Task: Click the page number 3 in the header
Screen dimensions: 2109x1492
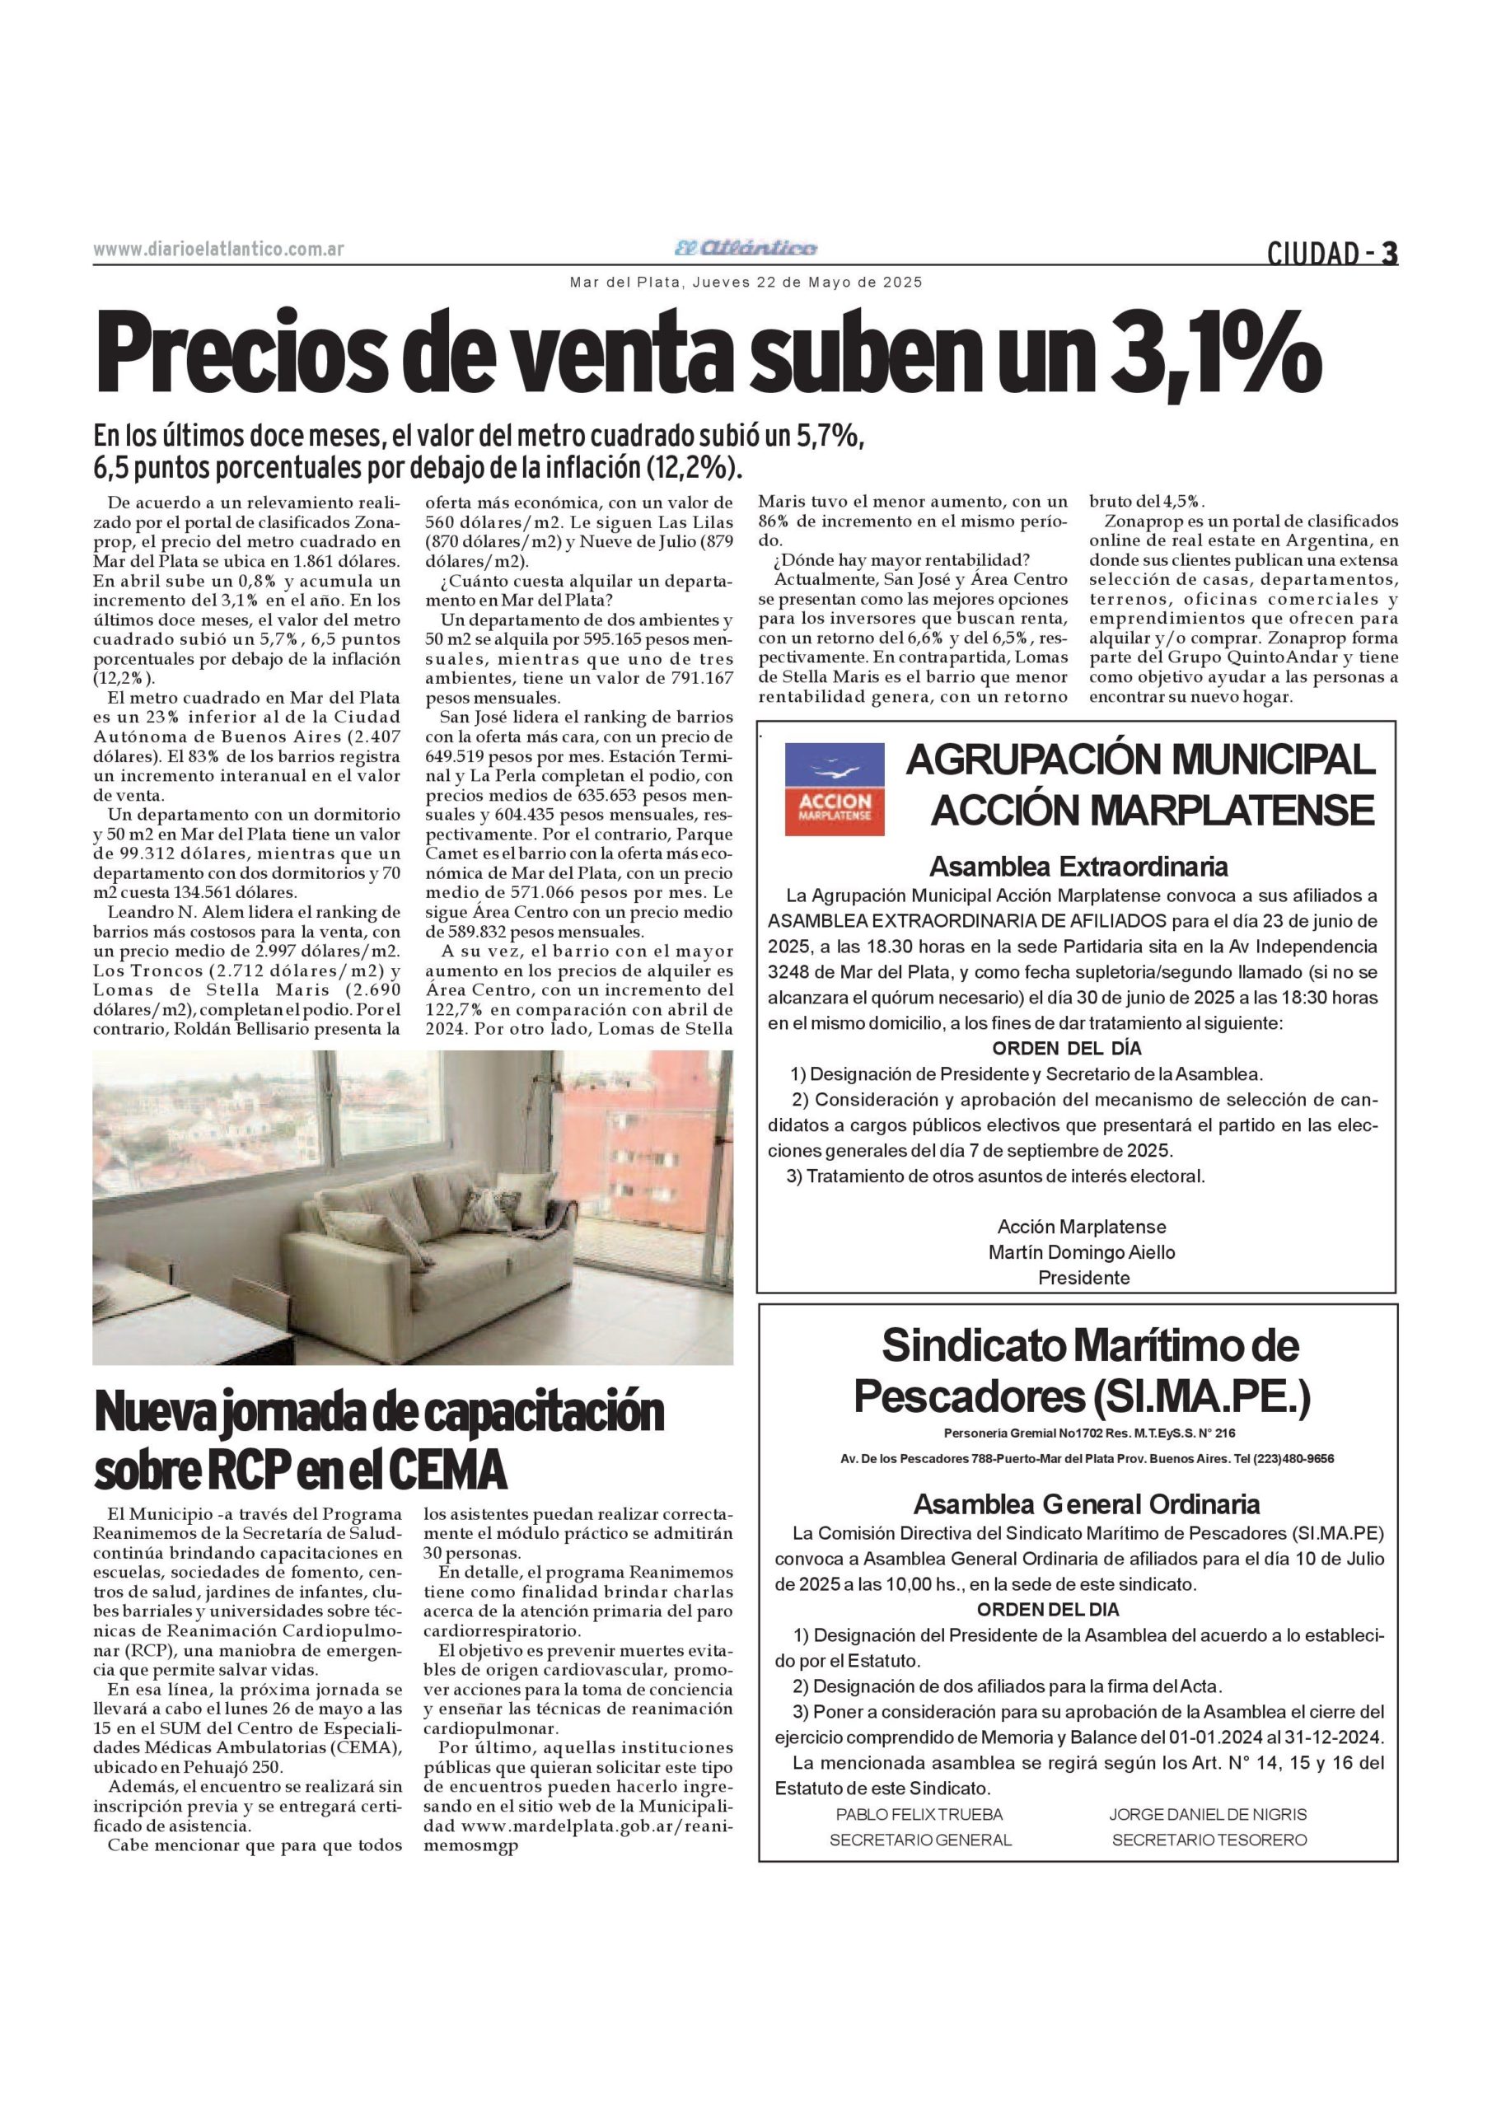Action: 1389,253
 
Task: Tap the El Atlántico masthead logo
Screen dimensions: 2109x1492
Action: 745,248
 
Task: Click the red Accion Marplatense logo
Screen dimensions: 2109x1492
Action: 835,788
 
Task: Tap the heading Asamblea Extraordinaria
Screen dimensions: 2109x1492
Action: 1078,866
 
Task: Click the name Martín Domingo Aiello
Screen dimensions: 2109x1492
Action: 1082,1252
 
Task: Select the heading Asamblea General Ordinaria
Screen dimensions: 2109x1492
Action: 1086,1504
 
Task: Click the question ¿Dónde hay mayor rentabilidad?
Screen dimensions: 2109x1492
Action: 901,560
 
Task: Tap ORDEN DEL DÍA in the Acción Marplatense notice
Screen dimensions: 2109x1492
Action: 1067,1048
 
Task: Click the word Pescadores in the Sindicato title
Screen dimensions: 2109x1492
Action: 968,1397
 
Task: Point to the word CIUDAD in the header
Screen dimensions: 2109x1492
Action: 1312,253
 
